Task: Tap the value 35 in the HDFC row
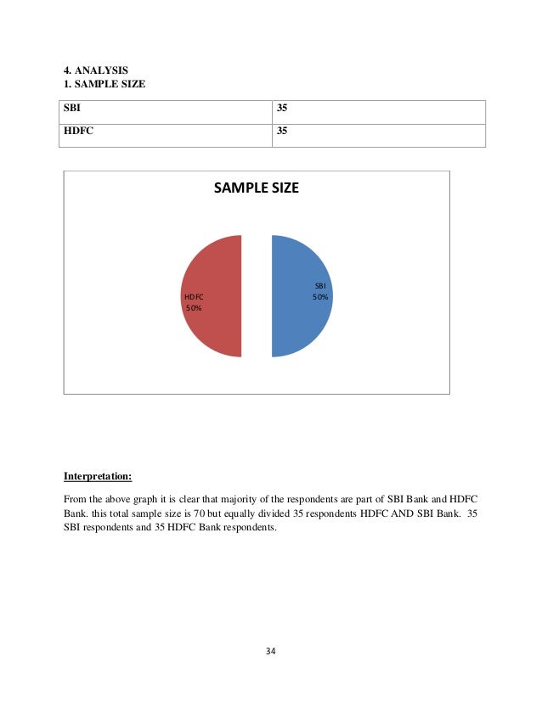click(284, 132)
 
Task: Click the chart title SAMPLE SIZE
click(256, 188)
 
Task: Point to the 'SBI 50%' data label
click(319, 292)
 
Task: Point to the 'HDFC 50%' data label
click(194, 302)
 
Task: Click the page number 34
click(271, 652)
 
